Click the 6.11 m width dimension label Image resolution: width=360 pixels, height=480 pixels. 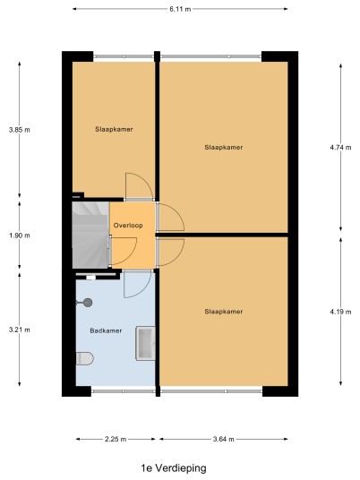[180, 9]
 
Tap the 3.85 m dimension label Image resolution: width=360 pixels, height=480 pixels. [20, 130]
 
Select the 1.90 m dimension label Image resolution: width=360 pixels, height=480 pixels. [20, 236]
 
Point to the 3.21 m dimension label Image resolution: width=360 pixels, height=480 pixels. [20, 330]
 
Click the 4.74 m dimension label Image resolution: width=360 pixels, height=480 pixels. [340, 148]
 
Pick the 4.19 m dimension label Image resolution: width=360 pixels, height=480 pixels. [340, 312]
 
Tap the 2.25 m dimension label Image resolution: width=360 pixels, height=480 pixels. [116, 440]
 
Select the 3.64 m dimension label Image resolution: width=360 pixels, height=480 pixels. [224, 440]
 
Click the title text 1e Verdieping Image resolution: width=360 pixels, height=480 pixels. [174, 468]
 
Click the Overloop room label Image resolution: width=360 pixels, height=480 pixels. [128, 226]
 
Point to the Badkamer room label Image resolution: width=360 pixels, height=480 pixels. [106, 330]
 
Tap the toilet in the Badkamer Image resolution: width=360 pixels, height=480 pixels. [84, 358]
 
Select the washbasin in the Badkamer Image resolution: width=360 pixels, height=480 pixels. [146, 343]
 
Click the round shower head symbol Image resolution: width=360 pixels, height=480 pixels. [88, 303]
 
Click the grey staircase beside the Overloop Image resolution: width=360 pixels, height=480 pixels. [90, 235]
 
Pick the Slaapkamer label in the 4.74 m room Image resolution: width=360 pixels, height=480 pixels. [224, 148]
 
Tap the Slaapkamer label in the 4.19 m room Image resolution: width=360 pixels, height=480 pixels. [224, 312]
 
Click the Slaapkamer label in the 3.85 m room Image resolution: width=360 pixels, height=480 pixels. [114, 130]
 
